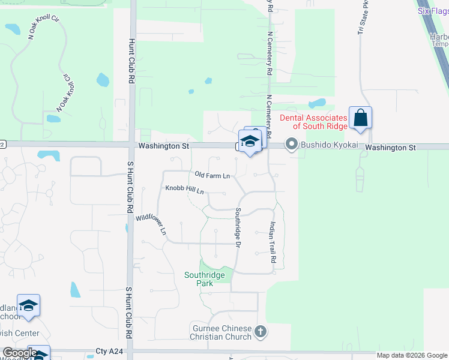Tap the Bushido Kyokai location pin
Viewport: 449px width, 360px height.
pos(292,144)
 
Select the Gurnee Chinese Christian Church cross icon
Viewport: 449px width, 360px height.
pos(260,331)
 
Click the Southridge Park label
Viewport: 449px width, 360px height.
pos(205,279)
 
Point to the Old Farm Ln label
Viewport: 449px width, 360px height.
pos(212,176)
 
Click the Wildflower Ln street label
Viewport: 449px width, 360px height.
pos(151,224)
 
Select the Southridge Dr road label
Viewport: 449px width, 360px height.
pos(238,227)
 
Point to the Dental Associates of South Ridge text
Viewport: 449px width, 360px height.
pos(312,122)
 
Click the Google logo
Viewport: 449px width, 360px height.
pos(20,353)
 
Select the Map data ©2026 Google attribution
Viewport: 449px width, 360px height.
pos(412,355)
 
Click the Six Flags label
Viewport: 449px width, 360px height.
pos(432,11)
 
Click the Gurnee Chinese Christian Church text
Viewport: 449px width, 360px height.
pos(222,332)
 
